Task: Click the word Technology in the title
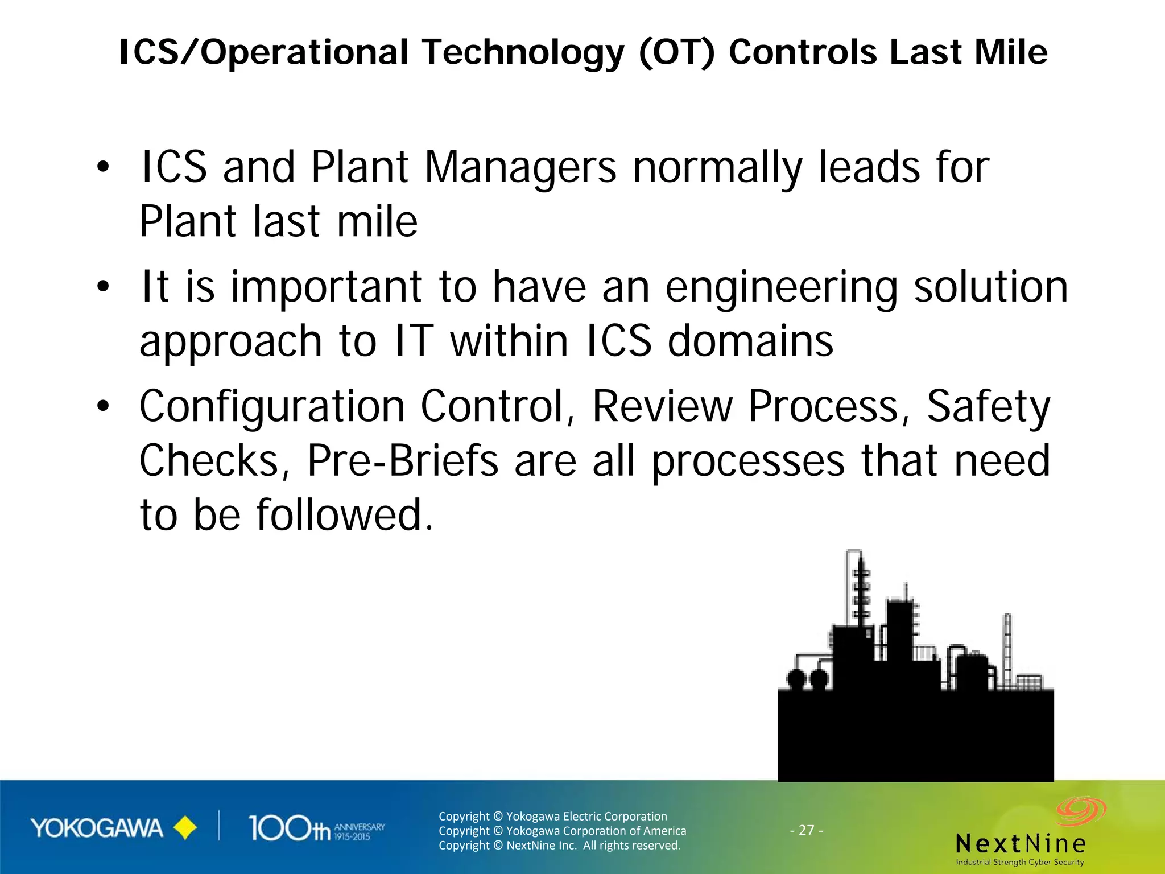coord(522,52)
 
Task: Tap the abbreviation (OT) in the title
coord(676,52)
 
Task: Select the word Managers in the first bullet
coord(520,168)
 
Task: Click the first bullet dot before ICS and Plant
coord(102,167)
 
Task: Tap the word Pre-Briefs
coord(403,461)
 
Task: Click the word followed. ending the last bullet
coord(344,515)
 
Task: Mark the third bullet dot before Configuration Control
coord(102,406)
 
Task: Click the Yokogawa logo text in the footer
coord(97,828)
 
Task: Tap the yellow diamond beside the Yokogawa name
coord(184,828)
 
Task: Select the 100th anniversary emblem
coord(316,828)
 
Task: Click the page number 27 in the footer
coord(806,830)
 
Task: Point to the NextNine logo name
coord(1021,843)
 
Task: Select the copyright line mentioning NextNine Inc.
coord(559,846)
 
